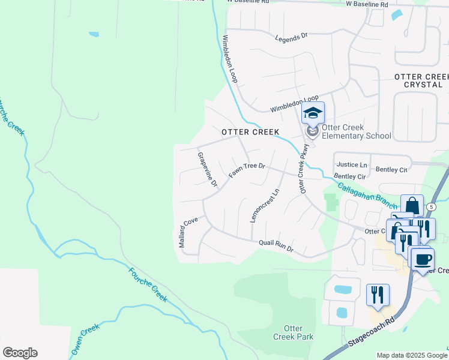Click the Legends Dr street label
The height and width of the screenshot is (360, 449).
291,37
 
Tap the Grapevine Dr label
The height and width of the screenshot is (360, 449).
206,170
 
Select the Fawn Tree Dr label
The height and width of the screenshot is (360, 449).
247,170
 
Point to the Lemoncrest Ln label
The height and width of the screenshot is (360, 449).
265,206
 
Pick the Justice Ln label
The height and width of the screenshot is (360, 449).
352,164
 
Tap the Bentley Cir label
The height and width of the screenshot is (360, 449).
349,176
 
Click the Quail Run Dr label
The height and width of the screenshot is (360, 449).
276,245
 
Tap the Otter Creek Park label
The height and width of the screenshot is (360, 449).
297,332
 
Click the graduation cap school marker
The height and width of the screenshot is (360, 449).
313,113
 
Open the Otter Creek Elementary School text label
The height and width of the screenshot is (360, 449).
356,131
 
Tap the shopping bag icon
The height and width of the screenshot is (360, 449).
412,206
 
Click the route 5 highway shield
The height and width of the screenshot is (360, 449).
431,206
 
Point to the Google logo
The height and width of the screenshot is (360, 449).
20,352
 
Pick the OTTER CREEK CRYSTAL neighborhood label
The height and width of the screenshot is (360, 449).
421,80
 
